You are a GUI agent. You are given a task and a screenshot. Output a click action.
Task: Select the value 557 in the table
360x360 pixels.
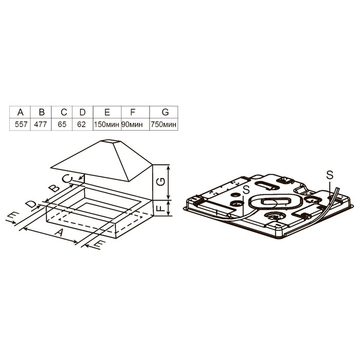point(20,124)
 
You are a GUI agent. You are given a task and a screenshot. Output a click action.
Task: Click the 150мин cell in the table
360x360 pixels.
point(106,124)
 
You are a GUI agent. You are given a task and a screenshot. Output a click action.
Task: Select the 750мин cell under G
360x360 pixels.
point(164,124)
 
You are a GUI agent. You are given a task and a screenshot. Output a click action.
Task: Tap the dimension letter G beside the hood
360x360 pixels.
point(161,182)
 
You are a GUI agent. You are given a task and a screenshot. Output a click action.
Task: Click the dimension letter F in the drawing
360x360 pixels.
point(161,208)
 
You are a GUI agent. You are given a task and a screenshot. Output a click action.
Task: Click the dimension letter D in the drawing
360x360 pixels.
point(32,205)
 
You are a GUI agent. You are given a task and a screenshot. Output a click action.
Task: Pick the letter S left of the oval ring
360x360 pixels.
point(246,190)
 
